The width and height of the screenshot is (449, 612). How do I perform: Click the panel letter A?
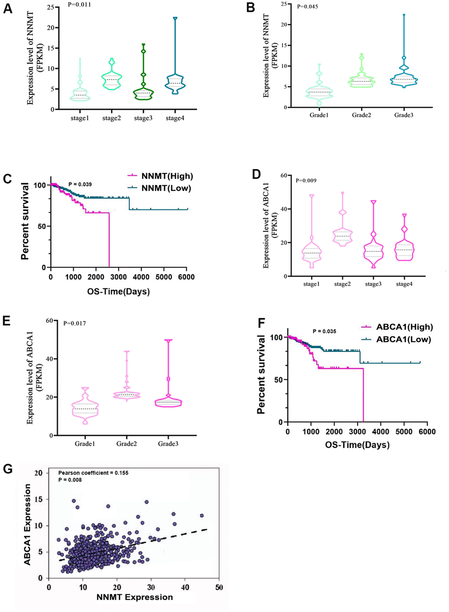pyautogui.click(x=7, y=8)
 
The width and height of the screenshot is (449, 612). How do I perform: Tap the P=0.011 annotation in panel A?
pyautogui.click(x=80, y=4)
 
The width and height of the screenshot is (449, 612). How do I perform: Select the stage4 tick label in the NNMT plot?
pyautogui.click(x=175, y=118)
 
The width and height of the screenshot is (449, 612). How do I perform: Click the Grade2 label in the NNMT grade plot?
pyautogui.click(x=361, y=115)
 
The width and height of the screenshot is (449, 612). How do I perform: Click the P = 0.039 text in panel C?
pyautogui.click(x=80, y=184)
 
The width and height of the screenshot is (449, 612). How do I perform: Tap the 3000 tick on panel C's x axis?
pyautogui.click(x=119, y=277)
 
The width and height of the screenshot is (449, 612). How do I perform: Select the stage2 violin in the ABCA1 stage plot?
pyautogui.click(x=342, y=234)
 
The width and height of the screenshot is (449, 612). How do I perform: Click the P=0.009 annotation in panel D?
pyautogui.click(x=306, y=180)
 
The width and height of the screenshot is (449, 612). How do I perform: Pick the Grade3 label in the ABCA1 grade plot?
pyautogui.click(x=168, y=444)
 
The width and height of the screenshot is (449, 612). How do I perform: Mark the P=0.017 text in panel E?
pyautogui.click(x=74, y=323)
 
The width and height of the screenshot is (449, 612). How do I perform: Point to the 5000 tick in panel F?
pyautogui.click(x=404, y=432)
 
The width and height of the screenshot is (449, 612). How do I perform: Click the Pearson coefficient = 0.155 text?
pyautogui.click(x=93, y=473)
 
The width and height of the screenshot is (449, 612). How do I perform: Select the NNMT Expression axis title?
pyautogui.click(x=135, y=597)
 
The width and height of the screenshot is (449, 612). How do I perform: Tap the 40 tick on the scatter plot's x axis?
pyautogui.click(x=185, y=587)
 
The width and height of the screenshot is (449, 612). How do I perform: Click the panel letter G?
pyautogui.click(x=7, y=469)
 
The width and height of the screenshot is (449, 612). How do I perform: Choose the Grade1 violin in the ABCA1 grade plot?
pyautogui.click(x=85, y=408)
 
